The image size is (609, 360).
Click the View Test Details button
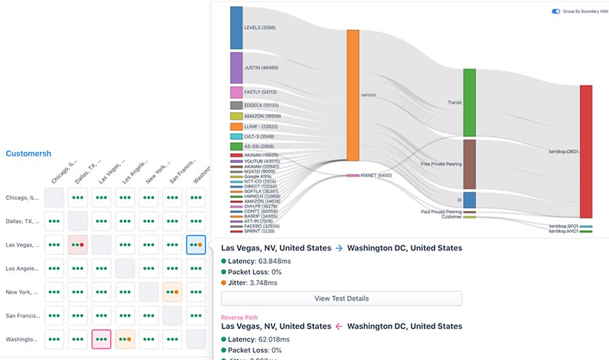[341, 298]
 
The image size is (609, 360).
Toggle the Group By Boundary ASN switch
[556, 12]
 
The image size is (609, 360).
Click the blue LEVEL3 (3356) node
[236, 27]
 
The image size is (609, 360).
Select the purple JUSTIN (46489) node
[236, 67]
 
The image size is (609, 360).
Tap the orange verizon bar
[353, 95]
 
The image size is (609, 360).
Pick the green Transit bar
[469, 102]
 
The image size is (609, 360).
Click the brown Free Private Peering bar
[469, 164]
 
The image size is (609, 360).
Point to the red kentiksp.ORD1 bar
[586, 151]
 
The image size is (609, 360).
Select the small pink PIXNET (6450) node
[353, 175]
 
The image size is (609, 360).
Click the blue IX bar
[469, 200]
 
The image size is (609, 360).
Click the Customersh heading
[28, 153]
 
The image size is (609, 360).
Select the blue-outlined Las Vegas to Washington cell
[196, 245]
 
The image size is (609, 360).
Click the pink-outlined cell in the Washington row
[102, 339]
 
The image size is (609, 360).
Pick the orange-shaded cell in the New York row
[172, 292]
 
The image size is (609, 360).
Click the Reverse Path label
[239, 317]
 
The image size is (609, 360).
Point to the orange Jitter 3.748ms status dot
[224, 282]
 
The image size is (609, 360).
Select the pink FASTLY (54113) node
[236, 92]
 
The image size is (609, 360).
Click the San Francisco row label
[23, 316]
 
